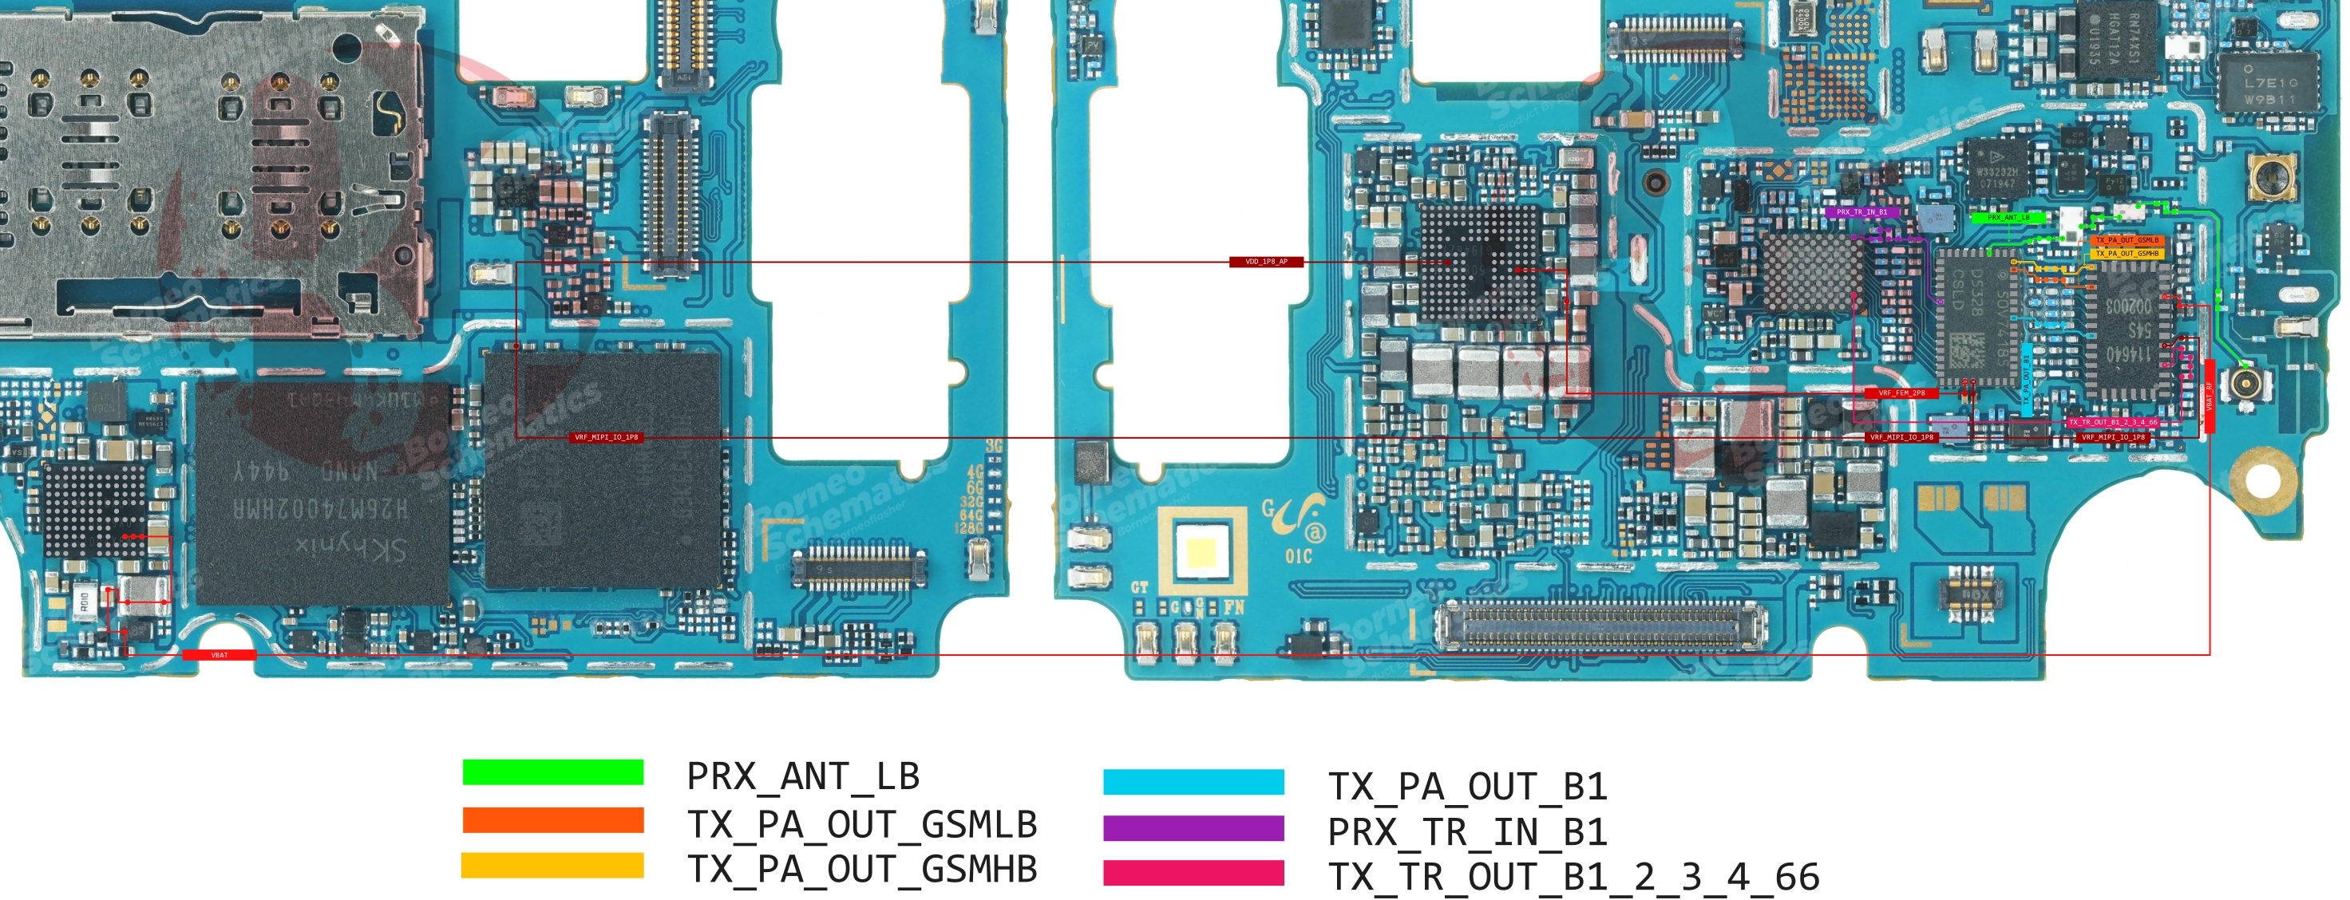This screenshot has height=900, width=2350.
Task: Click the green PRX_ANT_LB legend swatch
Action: pos(553,772)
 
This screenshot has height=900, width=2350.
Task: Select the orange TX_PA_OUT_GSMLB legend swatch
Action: pos(553,819)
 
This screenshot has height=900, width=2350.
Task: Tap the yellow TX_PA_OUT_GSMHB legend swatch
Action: pos(553,864)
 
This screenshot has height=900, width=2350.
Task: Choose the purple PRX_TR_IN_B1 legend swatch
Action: pos(1193,828)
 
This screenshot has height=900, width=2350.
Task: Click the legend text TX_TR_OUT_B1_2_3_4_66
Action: pos(1573,877)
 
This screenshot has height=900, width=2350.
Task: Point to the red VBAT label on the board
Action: pos(219,655)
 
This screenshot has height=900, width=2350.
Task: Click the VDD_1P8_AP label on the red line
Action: pos(1266,262)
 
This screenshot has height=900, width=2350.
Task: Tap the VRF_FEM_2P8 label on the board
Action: pos(1901,393)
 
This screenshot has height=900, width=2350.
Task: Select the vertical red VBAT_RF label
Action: pos(2210,397)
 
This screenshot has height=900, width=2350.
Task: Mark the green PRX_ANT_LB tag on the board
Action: pos(2008,218)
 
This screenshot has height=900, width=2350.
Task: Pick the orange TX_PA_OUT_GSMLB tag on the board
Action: pos(2126,241)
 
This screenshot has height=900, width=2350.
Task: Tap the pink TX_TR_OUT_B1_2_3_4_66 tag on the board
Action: pos(2113,422)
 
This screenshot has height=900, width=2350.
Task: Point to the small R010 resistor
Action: pos(84,601)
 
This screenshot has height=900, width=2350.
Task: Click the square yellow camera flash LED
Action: pos(1201,551)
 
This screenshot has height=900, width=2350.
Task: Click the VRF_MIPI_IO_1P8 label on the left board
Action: pos(607,438)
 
